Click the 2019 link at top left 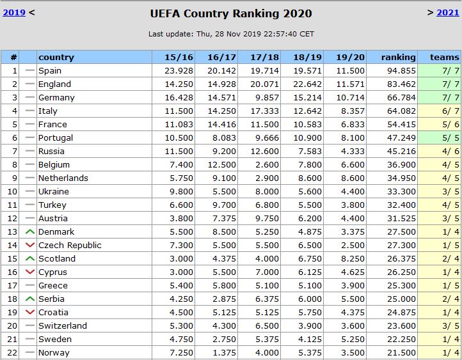click(x=15, y=12)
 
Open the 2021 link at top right click(x=448, y=12)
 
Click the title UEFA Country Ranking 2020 click(x=231, y=13)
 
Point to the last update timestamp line click(x=231, y=34)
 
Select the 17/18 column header click(x=265, y=57)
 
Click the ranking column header click(x=398, y=57)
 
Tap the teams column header click(x=444, y=57)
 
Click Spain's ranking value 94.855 click(x=401, y=70)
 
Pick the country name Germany click(x=56, y=97)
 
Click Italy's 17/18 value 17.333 click(x=265, y=111)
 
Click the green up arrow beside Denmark click(x=29, y=231)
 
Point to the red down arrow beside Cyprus click(x=29, y=272)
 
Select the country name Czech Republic click(x=70, y=245)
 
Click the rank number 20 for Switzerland click(x=13, y=325)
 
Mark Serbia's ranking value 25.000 click(x=401, y=299)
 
